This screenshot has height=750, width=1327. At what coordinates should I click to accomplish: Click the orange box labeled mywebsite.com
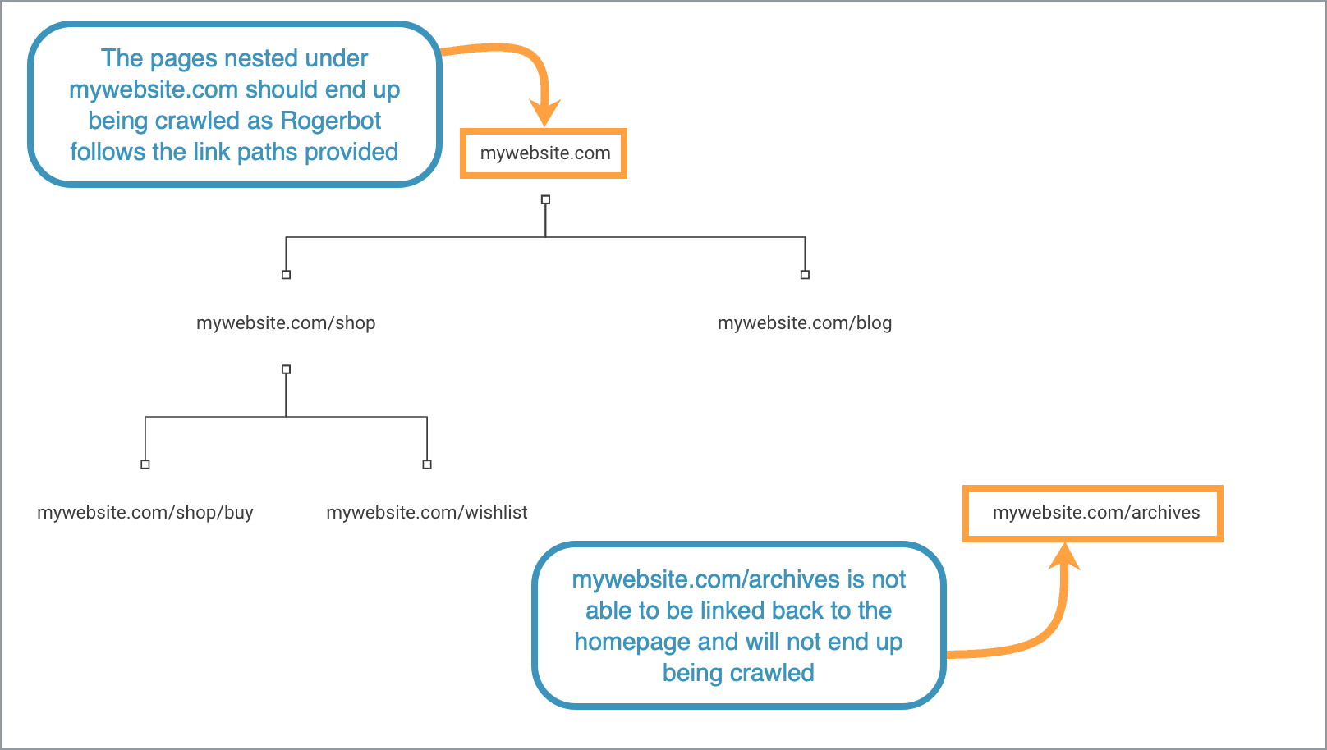pos(544,153)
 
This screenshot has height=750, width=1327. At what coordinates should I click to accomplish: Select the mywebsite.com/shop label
pos(286,323)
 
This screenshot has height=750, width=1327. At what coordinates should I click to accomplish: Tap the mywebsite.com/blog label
pos(805,323)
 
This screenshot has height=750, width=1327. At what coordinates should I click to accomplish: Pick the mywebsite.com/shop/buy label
pos(145,513)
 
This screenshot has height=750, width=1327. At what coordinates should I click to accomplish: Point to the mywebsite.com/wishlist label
pos(427,513)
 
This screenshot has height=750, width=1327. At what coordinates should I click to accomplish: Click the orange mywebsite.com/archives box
pos(1093,514)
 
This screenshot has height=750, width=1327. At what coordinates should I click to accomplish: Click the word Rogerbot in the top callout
pos(330,121)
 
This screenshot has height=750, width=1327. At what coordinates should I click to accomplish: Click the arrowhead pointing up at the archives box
pos(1064,556)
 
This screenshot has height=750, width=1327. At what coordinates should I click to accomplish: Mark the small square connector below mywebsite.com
pos(545,199)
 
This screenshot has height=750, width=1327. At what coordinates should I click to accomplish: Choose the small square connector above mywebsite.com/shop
pos(286,275)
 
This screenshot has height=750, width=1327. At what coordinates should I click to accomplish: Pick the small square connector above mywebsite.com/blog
pos(805,275)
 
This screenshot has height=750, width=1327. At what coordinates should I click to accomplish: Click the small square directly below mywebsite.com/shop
pos(286,369)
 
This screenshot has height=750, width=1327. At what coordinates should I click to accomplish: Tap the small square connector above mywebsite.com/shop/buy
pos(145,464)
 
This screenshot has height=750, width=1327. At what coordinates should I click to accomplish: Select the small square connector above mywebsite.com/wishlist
pos(427,464)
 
